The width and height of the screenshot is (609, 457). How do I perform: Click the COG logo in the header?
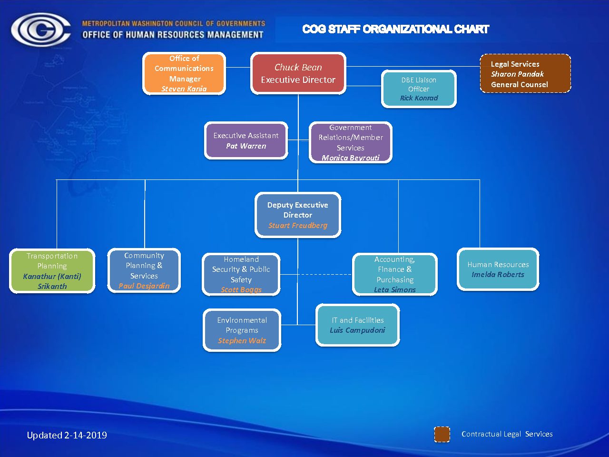click(40, 30)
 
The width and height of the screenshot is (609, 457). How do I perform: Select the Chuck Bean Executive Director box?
click(298, 73)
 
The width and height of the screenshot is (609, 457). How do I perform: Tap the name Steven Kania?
click(184, 89)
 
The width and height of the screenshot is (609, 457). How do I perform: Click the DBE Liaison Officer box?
click(419, 89)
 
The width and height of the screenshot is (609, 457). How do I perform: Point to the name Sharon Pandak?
click(517, 74)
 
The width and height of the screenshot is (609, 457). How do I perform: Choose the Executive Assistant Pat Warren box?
click(246, 140)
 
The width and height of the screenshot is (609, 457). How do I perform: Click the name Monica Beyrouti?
click(351, 158)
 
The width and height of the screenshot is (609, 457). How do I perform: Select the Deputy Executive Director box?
click(298, 215)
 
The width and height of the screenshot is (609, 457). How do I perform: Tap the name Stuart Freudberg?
click(298, 225)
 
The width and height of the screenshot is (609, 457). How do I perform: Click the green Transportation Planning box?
click(52, 271)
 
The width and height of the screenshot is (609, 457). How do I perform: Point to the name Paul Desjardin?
click(144, 286)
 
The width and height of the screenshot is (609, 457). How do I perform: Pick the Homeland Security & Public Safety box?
click(241, 274)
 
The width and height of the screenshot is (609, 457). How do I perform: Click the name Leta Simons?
click(395, 290)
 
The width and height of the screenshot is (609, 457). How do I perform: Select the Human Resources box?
click(498, 269)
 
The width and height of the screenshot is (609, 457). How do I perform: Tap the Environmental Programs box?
click(242, 330)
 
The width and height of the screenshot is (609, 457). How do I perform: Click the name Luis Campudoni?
click(357, 330)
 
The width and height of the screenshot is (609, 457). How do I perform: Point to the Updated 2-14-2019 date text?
click(67, 435)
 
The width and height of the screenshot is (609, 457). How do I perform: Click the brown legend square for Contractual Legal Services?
click(442, 434)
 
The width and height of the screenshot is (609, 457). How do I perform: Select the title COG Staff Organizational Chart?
click(396, 29)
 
